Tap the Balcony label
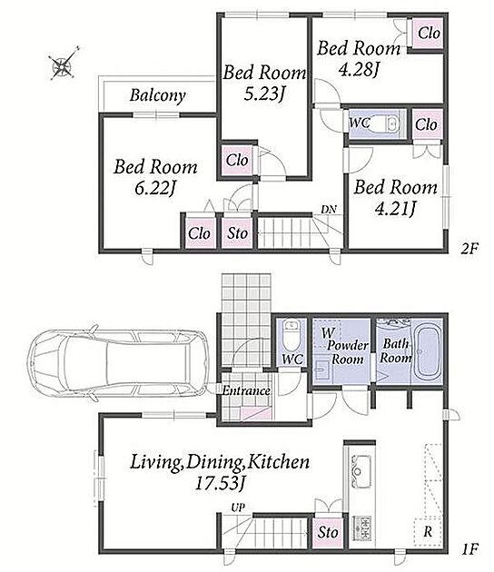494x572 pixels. click(x=158, y=95)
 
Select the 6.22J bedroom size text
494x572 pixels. click(x=155, y=189)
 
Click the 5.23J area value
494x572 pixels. click(x=264, y=94)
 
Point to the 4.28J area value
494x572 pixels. click(x=358, y=69)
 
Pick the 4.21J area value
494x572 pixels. click(x=396, y=209)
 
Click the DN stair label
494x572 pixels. click(x=329, y=210)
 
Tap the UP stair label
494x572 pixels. click(x=238, y=508)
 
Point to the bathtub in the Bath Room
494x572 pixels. click(x=427, y=352)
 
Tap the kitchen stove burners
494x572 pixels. click(x=361, y=528)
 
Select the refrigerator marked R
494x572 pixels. click(x=428, y=532)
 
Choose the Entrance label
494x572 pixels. click(x=246, y=391)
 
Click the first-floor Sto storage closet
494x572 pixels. click(x=328, y=532)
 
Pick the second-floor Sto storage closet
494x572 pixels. click(x=237, y=233)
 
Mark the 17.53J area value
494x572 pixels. click(x=221, y=483)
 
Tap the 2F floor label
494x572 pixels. click(x=469, y=249)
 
